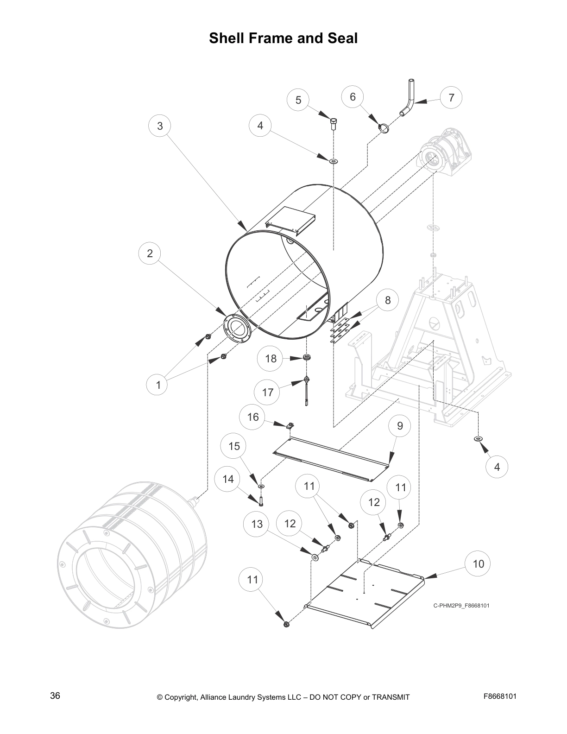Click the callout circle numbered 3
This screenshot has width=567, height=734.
click(x=160, y=126)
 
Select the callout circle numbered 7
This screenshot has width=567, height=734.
click(x=451, y=97)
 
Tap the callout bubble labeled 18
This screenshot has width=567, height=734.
click(x=271, y=358)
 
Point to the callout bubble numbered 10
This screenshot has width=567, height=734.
click(x=478, y=563)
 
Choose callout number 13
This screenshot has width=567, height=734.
click(x=257, y=524)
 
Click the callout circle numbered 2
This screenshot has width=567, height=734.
click(x=150, y=253)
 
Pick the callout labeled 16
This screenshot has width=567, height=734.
click(x=253, y=417)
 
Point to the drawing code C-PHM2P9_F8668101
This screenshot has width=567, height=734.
click(x=461, y=605)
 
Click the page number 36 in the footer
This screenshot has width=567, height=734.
click(x=55, y=696)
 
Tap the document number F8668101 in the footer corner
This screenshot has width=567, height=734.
click(x=500, y=696)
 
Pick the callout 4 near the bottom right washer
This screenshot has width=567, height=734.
click(x=497, y=467)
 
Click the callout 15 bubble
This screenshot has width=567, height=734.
click(x=234, y=446)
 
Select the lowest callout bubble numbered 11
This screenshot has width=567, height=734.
click(x=252, y=579)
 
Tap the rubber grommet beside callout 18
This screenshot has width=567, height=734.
click(x=306, y=357)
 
